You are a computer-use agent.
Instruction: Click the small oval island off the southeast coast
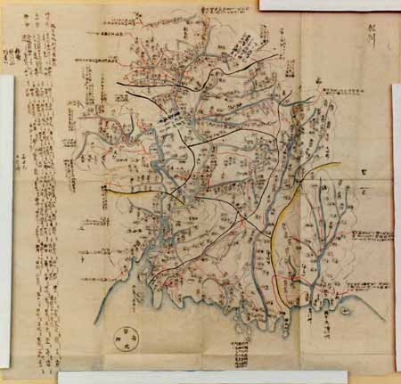tap(346, 313)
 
